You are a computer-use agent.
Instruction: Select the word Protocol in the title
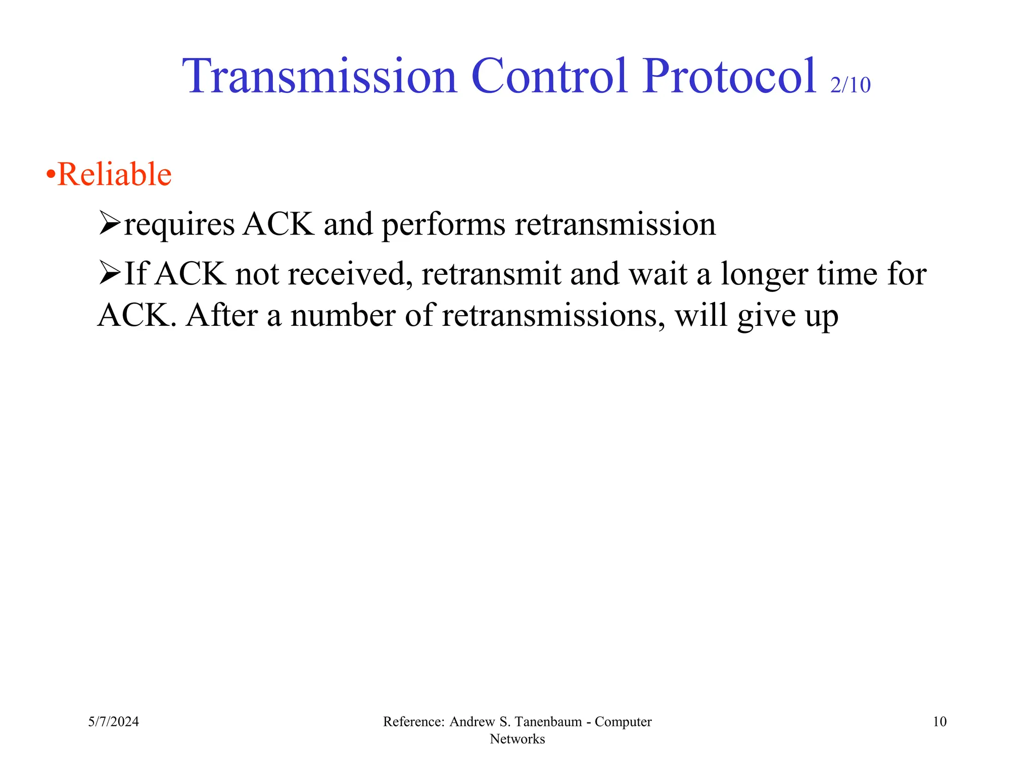pyautogui.click(x=729, y=77)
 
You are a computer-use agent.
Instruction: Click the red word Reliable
pyautogui.click(x=115, y=175)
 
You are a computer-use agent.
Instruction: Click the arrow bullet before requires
pyautogui.click(x=109, y=223)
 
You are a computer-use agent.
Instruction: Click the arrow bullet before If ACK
pyautogui.click(x=109, y=273)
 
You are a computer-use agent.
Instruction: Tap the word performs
pyautogui.click(x=443, y=225)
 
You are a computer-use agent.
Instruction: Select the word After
pyautogui.click(x=221, y=316)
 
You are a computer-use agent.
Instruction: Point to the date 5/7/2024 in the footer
pyautogui.click(x=113, y=721)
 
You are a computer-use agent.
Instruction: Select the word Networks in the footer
pyautogui.click(x=517, y=739)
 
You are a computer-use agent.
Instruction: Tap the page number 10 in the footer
pyautogui.click(x=939, y=721)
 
